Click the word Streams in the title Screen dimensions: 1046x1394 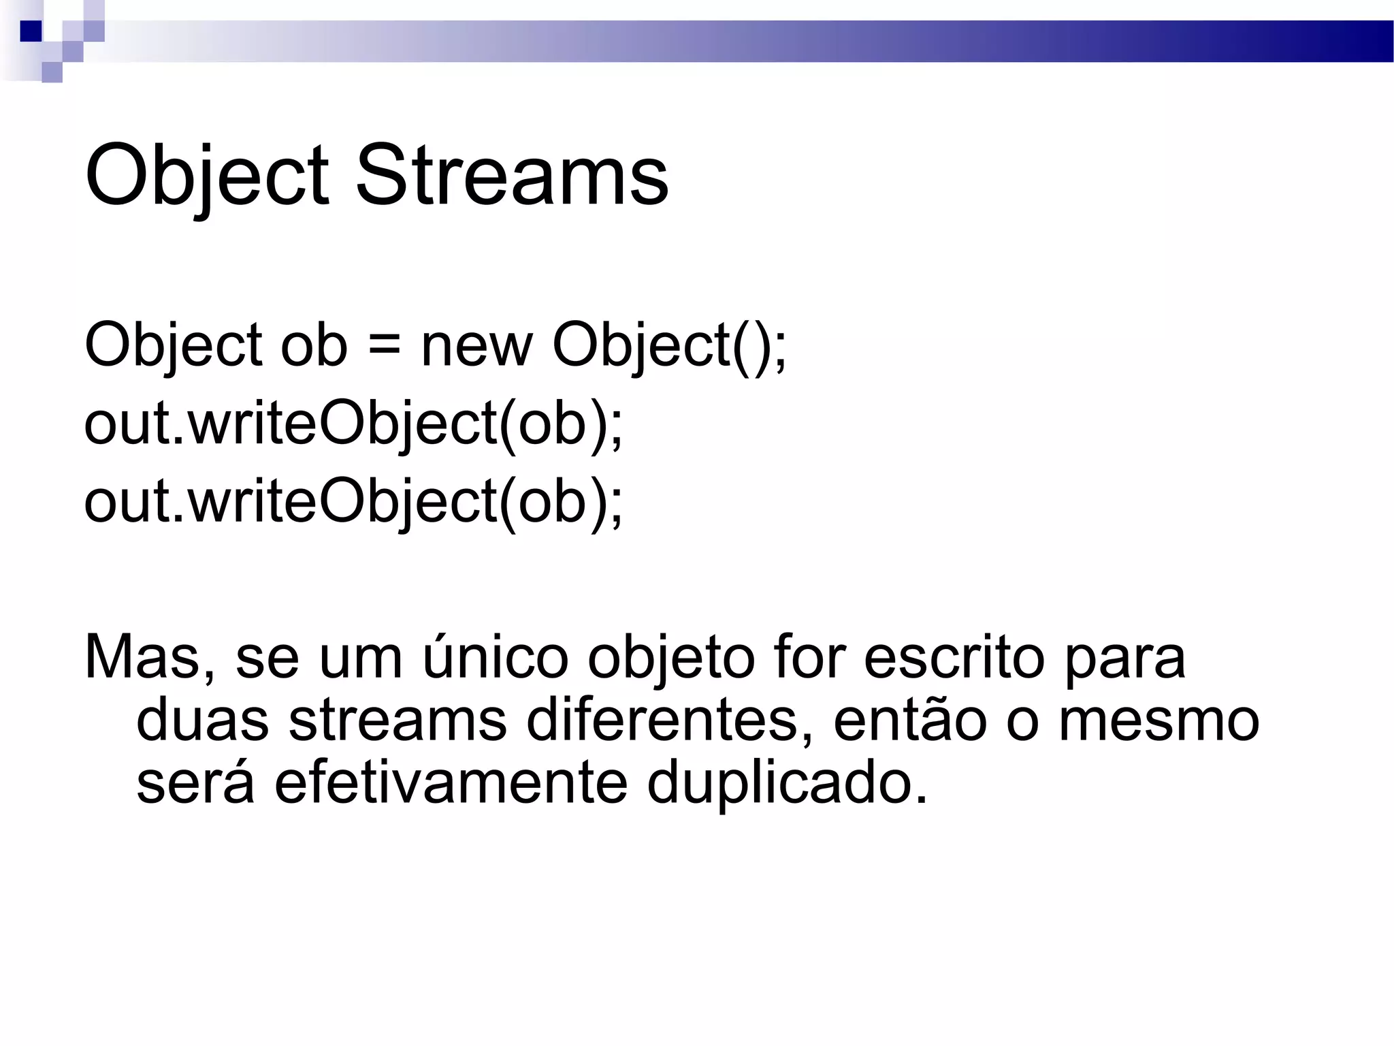512,176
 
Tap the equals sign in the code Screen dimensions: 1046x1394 384,345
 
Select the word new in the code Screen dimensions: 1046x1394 476,345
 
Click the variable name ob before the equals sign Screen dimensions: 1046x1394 314,345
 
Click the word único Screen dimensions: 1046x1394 496,658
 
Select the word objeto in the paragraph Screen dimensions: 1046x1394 670,658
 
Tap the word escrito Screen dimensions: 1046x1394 954,658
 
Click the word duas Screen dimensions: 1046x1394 203,720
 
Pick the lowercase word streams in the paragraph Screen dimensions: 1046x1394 398,720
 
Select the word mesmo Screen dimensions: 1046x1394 1159,720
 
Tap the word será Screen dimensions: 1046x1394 195,783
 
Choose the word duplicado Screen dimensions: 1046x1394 787,783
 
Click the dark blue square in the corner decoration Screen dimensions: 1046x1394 31,31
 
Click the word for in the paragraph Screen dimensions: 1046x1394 809,658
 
